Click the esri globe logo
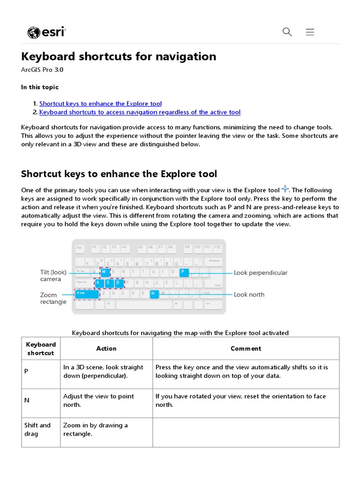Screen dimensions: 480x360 (34, 32)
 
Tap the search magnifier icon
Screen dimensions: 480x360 (287, 32)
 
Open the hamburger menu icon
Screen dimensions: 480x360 (310, 32)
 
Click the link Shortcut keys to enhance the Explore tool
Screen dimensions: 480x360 (100, 104)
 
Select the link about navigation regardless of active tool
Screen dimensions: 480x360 (140, 112)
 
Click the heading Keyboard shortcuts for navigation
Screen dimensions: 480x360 (119, 57)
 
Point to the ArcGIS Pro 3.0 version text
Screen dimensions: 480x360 (42, 70)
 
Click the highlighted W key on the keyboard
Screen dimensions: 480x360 (105, 272)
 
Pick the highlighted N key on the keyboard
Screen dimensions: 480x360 (153, 294)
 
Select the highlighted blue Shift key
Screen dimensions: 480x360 (87, 294)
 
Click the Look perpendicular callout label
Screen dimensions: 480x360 (261, 273)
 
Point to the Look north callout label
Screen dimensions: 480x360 (249, 294)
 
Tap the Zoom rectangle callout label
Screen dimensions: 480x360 (53, 298)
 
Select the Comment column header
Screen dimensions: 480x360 (246, 348)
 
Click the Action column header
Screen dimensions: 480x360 (106, 348)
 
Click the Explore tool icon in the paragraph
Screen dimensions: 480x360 (285, 189)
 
